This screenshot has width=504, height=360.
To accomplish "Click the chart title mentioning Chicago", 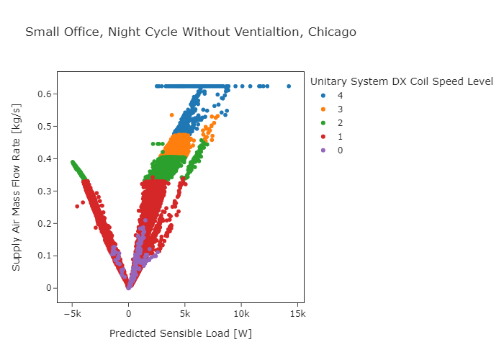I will [x=190, y=32].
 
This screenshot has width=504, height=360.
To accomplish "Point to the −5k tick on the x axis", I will [x=71, y=314].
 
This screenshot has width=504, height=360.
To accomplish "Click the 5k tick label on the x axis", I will [x=184, y=314].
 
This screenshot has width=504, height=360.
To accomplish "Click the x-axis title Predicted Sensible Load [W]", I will [x=180, y=334].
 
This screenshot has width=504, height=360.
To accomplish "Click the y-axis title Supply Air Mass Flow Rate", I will [x=16, y=186].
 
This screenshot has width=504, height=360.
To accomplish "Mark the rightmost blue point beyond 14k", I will [x=289, y=86].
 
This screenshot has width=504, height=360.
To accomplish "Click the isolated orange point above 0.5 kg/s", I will [x=171, y=115].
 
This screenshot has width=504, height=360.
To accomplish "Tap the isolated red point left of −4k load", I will [x=78, y=207].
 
